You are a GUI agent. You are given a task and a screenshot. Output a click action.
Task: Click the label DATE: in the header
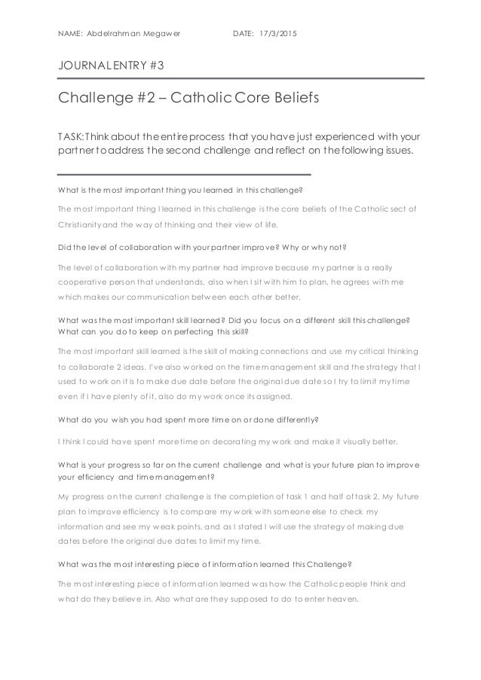[244, 33]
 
